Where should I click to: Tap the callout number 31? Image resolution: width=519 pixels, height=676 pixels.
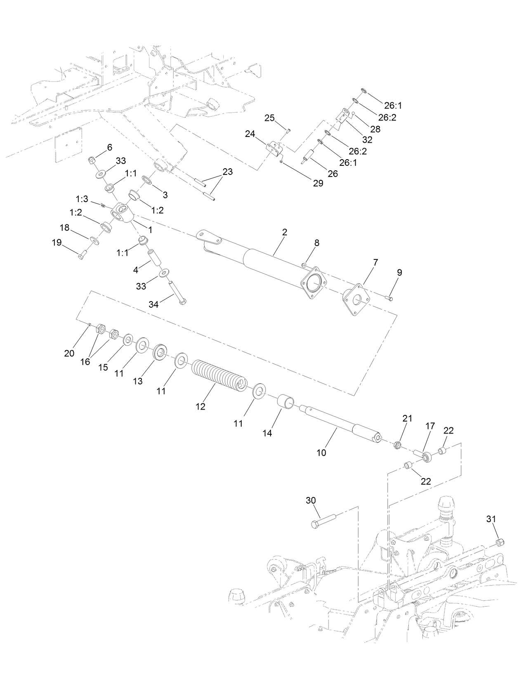pyautogui.click(x=491, y=519)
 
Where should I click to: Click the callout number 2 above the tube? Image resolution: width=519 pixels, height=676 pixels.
pyautogui.click(x=284, y=232)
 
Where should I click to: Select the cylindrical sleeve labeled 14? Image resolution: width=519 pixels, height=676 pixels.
pyautogui.click(x=285, y=401)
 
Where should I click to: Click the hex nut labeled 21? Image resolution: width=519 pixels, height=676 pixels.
pyautogui.click(x=397, y=445)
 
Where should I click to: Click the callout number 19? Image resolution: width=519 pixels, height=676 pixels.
pyautogui.click(x=57, y=243)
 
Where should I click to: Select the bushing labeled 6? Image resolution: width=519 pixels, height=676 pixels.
pyautogui.click(x=92, y=160)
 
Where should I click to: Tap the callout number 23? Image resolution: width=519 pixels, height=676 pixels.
pyautogui.click(x=227, y=171)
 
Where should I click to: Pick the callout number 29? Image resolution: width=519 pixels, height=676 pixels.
pyautogui.click(x=318, y=184)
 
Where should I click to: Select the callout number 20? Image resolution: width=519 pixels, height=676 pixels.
pyautogui.click(x=69, y=353)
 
